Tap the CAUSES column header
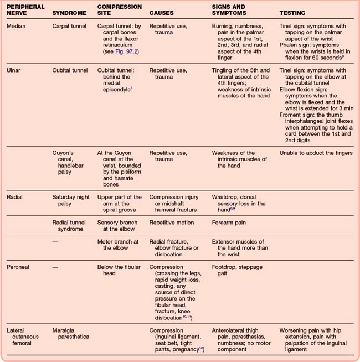(x=162, y=12)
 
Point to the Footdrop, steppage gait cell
(x=238, y=270)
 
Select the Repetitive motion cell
(x=172, y=223)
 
